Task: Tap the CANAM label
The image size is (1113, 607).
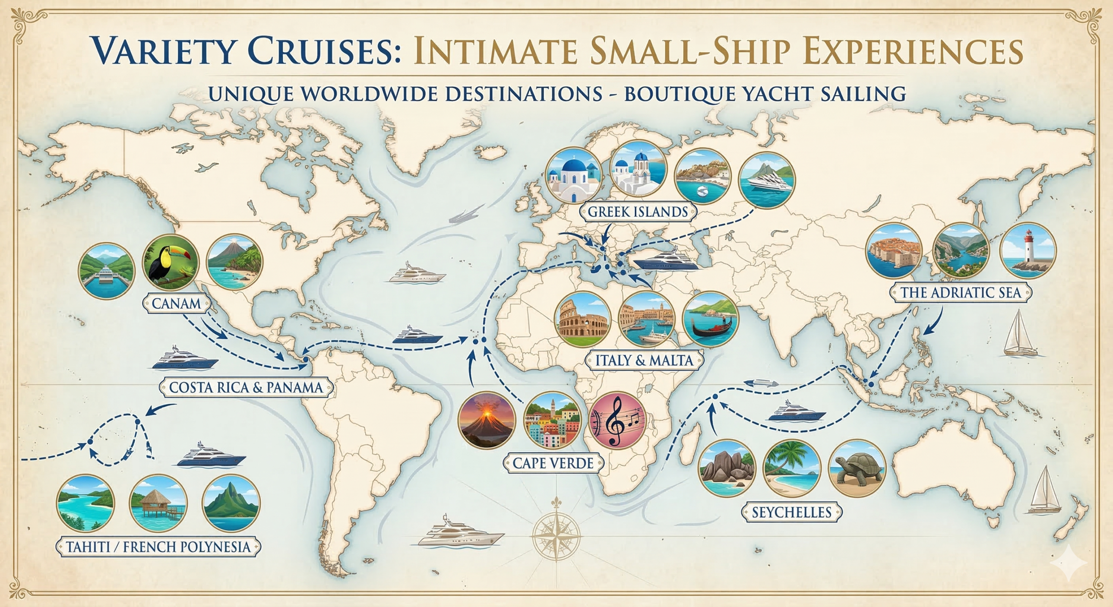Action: click(x=176, y=303)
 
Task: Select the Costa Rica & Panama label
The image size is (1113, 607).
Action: click(x=246, y=387)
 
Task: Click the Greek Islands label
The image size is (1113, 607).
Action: click(x=638, y=212)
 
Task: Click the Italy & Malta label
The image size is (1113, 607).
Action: click(x=644, y=360)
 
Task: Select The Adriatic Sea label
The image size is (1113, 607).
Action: click(x=960, y=292)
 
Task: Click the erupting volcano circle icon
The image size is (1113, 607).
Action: click(x=487, y=419)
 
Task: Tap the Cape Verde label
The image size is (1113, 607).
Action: click(x=553, y=463)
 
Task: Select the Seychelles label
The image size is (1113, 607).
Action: click(x=791, y=512)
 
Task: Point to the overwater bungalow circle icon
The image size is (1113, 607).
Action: click(x=158, y=503)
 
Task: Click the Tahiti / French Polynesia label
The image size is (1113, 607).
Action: click(x=158, y=547)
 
